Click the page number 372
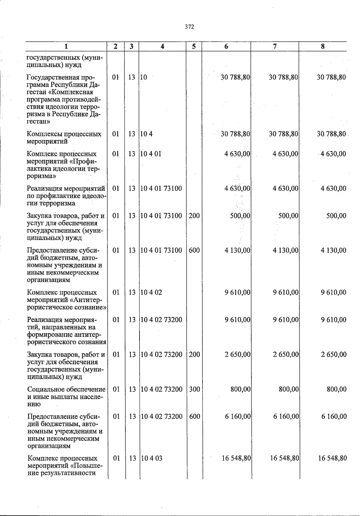pos(189,27)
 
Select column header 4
pos(162,46)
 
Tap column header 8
pos(323,46)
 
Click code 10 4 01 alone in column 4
pos(151,154)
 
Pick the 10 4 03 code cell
pos(151,458)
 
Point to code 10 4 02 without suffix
pos(151,292)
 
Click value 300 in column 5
pos(194,389)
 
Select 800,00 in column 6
pos(241,389)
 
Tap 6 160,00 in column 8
pos(334,416)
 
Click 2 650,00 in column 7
pos(286,354)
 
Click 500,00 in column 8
pos(336,216)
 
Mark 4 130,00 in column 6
pos(237,250)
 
